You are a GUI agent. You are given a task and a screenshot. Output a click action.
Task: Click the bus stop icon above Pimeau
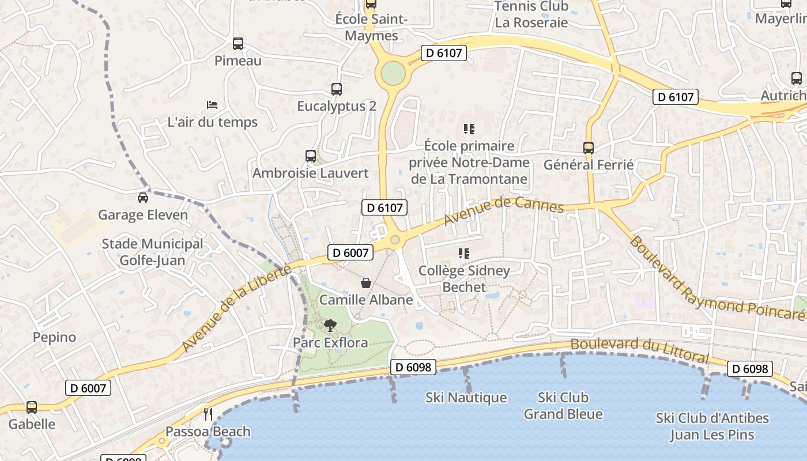237,44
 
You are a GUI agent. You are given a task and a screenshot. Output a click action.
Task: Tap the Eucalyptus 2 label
337,107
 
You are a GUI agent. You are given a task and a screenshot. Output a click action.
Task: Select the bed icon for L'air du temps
212,105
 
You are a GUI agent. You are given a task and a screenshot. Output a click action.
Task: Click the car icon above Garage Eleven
143,198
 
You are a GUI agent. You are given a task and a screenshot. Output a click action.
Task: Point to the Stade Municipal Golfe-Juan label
152,252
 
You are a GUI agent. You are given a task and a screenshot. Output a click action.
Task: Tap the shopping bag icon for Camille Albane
365,283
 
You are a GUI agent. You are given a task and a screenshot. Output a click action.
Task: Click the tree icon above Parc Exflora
330,326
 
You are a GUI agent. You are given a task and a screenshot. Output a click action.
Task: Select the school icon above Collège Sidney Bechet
464,254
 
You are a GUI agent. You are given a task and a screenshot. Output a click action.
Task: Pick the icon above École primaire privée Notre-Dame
469,129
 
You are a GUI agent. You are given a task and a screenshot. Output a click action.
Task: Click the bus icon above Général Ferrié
589,148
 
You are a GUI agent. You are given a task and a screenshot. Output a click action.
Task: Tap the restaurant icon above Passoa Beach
208,414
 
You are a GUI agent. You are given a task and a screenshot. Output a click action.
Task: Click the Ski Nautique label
466,398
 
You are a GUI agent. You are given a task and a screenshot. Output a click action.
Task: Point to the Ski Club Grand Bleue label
563,406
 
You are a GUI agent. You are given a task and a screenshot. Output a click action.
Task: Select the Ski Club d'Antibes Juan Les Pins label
712,426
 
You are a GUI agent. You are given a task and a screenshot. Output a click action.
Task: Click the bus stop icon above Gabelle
32,407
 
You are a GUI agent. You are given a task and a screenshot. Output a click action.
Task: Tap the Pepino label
54,337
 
